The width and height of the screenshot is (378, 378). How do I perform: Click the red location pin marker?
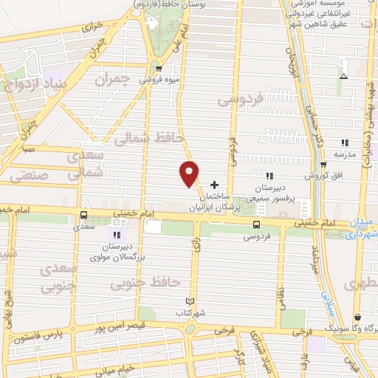point(190,173)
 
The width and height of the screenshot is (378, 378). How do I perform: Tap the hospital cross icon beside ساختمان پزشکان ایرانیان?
point(215,184)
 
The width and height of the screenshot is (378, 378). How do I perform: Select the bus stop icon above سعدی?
point(83,216)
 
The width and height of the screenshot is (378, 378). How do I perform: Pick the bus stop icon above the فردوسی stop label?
point(256,224)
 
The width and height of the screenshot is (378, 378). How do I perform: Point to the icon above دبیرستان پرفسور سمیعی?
point(269,176)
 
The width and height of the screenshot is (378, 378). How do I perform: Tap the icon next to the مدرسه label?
point(364,142)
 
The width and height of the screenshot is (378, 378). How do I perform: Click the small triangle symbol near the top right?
point(343,76)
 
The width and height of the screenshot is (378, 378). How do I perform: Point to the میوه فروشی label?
point(157,79)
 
